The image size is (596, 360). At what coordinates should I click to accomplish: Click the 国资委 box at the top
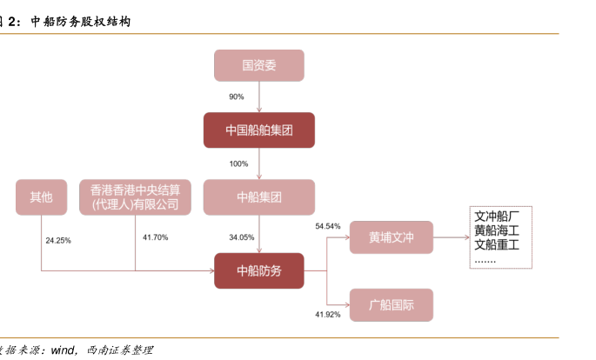click(258, 65)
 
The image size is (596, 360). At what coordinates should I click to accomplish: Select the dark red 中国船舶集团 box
click(258, 130)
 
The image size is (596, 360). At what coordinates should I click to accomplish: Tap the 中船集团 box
click(258, 197)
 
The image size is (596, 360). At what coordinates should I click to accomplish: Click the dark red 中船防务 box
click(258, 270)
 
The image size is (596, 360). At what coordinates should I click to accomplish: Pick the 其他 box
click(42, 197)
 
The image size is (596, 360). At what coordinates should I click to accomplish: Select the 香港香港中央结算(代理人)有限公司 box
click(135, 197)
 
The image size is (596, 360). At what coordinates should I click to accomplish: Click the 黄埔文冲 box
click(391, 237)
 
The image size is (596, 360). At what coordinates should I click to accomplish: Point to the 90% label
click(236, 97)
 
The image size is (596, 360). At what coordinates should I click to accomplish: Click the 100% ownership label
click(238, 163)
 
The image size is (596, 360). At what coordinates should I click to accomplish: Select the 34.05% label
click(241, 237)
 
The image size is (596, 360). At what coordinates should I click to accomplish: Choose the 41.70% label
click(155, 237)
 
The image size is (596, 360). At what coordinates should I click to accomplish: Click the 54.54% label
click(328, 226)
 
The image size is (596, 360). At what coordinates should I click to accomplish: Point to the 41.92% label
click(327, 313)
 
